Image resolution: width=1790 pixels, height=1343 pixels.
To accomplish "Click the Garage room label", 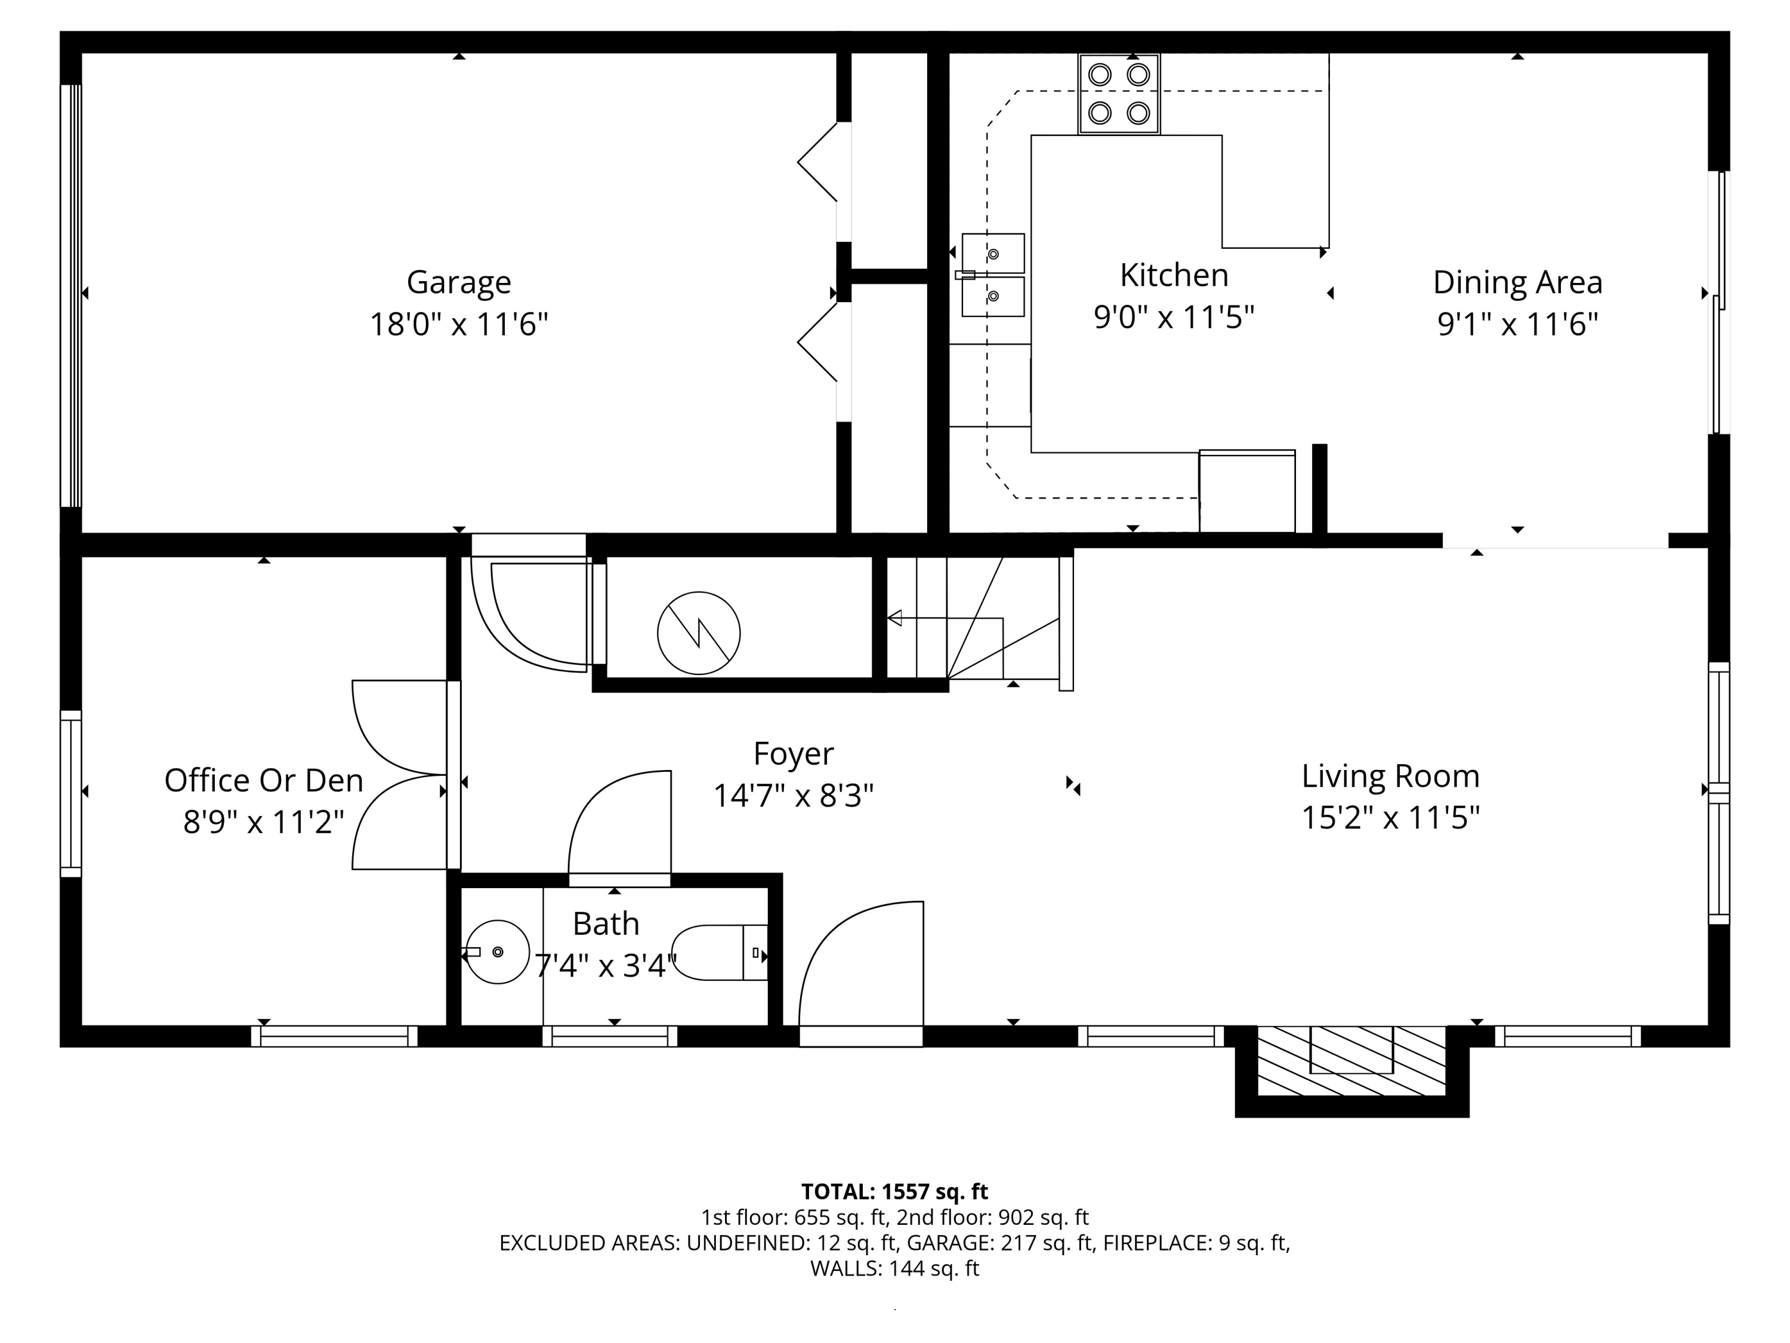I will pyautogui.click(x=458, y=282).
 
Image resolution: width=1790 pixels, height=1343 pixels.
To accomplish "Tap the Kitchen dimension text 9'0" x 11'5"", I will pyautogui.click(x=1174, y=318).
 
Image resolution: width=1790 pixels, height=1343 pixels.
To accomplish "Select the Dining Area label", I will pyautogui.click(x=1517, y=282).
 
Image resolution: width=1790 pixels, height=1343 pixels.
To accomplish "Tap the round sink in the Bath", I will pyautogui.click(x=498, y=952).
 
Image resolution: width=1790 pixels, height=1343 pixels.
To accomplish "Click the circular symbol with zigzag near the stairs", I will pyautogui.click(x=698, y=633).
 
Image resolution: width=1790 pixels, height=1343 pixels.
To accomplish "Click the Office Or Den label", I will pyautogui.click(x=264, y=780).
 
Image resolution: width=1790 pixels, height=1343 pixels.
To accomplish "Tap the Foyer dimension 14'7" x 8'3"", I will pyautogui.click(x=793, y=796).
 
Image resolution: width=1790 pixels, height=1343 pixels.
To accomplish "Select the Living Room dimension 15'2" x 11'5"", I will pyautogui.click(x=1390, y=818).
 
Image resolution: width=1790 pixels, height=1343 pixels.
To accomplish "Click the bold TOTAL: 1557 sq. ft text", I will pyautogui.click(x=894, y=1191).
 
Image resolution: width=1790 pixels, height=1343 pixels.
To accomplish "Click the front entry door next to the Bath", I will pyautogui.click(x=861, y=971).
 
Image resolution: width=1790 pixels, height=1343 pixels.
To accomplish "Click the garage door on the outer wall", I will pyautogui.click(x=71, y=295).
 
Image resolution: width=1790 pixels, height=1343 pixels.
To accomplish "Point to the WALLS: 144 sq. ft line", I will pyautogui.click(x=894, y=1268).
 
